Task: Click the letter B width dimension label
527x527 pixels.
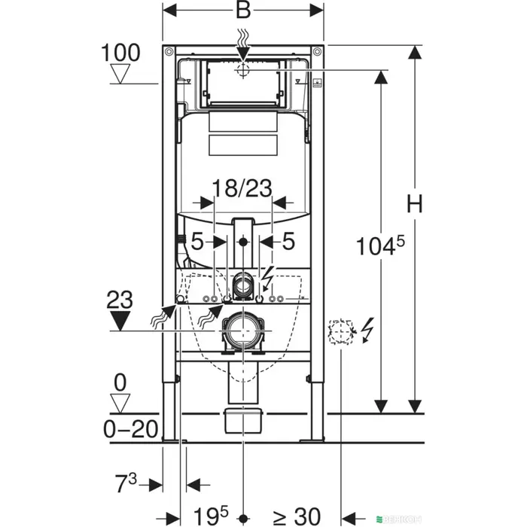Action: click(244, 11)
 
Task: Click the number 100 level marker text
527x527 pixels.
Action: click(119, 53)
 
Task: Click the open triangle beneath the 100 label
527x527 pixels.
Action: click(119, 74)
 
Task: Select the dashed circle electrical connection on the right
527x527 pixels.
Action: click(340, 331)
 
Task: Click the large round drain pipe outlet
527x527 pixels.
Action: click(242, 330)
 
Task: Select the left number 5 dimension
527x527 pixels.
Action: click(196, 242)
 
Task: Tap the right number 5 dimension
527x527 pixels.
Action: click(288, 242)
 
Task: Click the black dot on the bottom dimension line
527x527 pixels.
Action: click(243, 516)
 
